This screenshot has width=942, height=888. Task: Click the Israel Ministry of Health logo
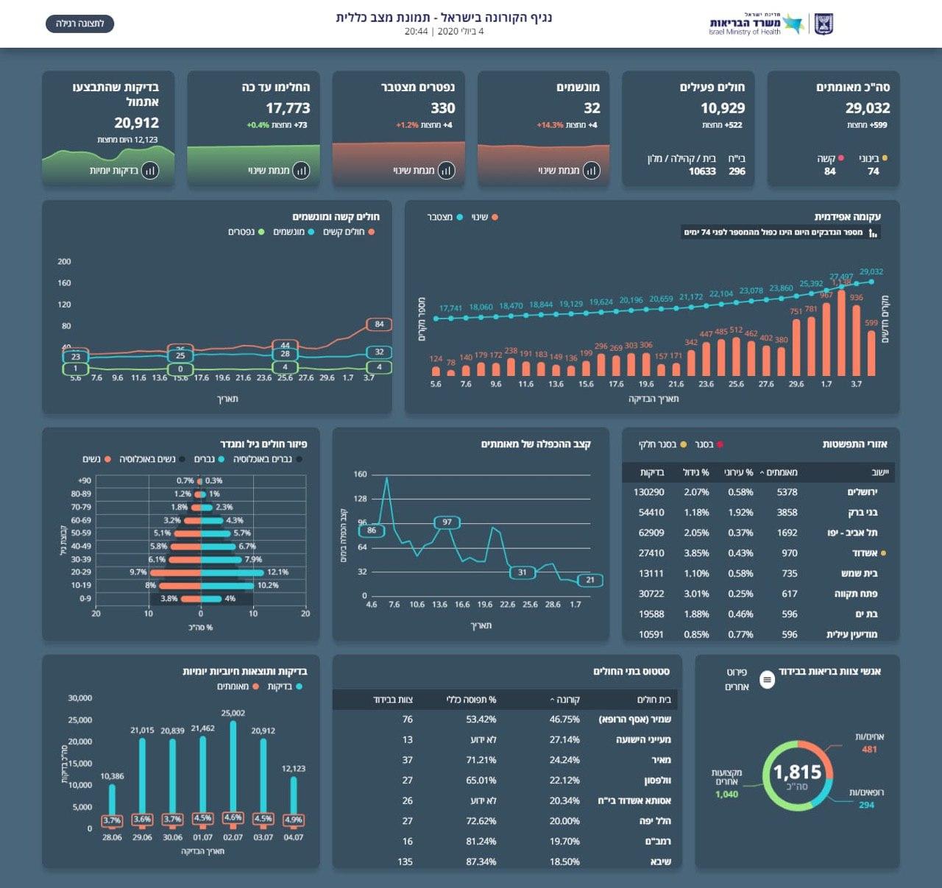pyautogui.click(x=770, y=24)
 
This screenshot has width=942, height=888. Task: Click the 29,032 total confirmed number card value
pyautogui.click(x=868, y=108)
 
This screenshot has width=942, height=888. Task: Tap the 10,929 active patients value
pyautogui.click(x=723, y=108)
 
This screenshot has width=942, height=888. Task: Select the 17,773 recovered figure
pyautogui.click(x=288, y=108)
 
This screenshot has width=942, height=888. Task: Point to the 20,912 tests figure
pyautogui.click(x=136, y=123)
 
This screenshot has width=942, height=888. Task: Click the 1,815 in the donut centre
pyautogui.click(x=797, y=772)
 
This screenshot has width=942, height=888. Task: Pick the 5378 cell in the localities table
pyautogui.click(x=787, y=492)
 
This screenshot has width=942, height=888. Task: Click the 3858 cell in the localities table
pyautogui.click(x=787, y=513)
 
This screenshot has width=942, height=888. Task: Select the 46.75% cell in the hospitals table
pyautogui.click(x=564, y=720)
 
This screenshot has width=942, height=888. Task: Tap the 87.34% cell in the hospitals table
pyautogui.click(x=481, y=862)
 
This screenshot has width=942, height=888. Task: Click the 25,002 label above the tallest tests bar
pyautogui.click(x=233, y=713)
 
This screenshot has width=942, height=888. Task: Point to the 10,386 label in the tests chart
pyautogui.click(x=112, y=776)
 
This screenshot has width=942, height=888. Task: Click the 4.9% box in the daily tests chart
pyautogui.click(x=294, y=820)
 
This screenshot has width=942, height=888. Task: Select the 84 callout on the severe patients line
pyautogui.click(x=379, y=324)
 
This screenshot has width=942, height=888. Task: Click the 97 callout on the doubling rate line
pyautogui.click(x=447, y=522)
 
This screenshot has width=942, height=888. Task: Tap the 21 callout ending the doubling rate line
pyautogui.click(x=590, y=580)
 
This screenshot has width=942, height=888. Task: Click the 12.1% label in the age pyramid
pyautogui.click(x=277, y=572)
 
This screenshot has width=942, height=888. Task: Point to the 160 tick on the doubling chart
pyautogui.click(x=360, y=475)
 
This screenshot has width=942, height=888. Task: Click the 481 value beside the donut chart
pyautogui.click(x=869, y=750)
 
